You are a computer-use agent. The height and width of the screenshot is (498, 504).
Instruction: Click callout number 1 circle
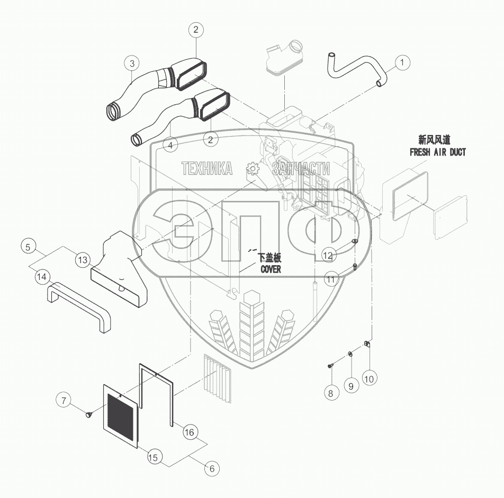point(402,63)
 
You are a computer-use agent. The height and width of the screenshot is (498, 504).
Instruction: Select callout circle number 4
point(170,144)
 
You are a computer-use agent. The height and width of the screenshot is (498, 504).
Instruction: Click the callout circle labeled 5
point(29,246)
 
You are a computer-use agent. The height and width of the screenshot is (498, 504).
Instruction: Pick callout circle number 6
point(211,468)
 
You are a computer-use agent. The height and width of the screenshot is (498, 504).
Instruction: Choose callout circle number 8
point(330,393)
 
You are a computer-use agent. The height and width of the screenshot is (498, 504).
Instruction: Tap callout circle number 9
point(349,386)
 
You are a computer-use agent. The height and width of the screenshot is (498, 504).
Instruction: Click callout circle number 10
point(369,379)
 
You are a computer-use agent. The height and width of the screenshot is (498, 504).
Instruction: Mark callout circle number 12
point(328,256)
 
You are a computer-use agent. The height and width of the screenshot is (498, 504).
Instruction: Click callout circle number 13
point(83,260)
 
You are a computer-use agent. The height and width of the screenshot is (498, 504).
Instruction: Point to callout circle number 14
point(42,276)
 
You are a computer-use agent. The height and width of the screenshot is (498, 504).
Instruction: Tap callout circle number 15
point(153,458)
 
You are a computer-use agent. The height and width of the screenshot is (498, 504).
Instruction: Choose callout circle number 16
point(189,432)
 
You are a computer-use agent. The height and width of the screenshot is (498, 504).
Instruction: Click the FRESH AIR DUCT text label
point(437,152)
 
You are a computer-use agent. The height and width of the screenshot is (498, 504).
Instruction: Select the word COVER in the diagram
point(270,269)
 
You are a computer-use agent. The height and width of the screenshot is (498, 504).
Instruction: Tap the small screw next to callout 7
point(89,415)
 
